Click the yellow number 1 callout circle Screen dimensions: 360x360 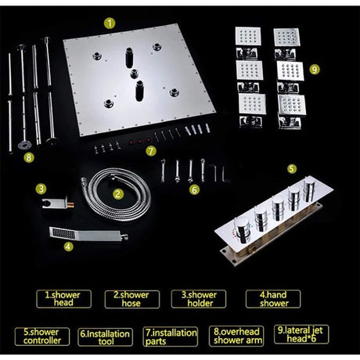point(110,23)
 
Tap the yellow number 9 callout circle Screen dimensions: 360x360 point(315,70)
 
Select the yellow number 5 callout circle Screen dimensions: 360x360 point(292,168)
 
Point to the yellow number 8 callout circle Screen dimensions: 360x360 point(29,157)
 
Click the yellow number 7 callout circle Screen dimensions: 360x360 point(151,151)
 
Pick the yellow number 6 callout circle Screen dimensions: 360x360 point(194,190)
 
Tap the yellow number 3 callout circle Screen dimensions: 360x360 point(41,189)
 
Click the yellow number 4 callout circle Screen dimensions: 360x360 point(68,247)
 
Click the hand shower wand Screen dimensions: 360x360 point(88,234)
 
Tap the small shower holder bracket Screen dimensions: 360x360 point(58,203)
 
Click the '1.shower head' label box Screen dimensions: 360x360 point(64,299)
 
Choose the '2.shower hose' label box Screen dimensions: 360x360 point(132,299)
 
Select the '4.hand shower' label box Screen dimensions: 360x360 point(273,299)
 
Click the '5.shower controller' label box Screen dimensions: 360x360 point(42,337)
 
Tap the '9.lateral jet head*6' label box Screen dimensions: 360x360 point(301,334)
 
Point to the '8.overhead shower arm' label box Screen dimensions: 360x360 point(236,337)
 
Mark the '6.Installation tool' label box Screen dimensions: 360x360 point(105,337)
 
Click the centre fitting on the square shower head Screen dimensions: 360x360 point(134,74)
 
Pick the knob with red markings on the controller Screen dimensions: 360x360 point(242,229)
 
